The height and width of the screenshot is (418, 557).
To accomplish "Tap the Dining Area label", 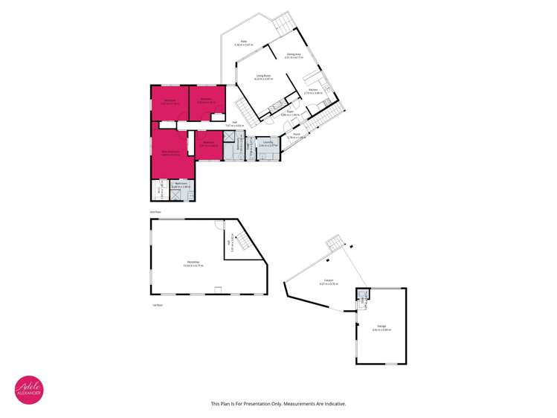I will tap(293, 54).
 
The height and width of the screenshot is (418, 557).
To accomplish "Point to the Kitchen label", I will tap(314, 91).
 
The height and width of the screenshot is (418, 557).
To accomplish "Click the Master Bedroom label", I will tap(170, 152).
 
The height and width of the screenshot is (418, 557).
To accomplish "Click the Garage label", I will tap(381, 328).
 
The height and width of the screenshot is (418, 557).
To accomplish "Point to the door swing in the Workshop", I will tap(216, 228).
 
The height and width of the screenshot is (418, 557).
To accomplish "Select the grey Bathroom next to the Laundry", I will tap(239, 145).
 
